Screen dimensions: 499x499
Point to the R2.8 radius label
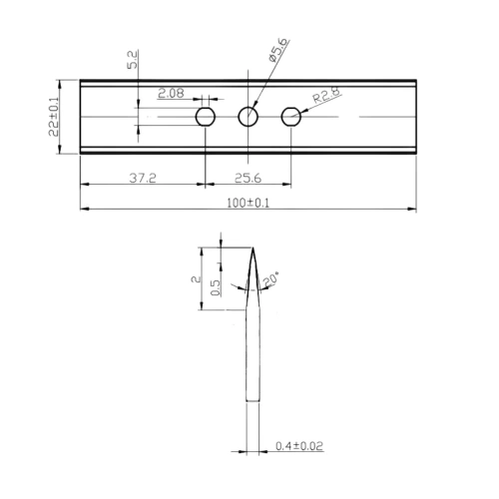[x=327, y=97]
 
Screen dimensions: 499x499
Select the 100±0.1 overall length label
[x=246, y=203]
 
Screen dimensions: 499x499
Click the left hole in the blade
[x=206, y=117]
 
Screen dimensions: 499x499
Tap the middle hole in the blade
[x=249, y=117]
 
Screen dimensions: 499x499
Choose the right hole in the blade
[x=291, y=117]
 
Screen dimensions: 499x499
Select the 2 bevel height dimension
[x=200, y=279]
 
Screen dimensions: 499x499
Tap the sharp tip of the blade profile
[x=251, y=247]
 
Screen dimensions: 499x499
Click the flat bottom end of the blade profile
[x=252, y=401]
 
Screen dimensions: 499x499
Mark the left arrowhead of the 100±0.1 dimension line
[x=84, y=210]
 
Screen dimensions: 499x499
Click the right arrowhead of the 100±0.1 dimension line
[x=413, y=210]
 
